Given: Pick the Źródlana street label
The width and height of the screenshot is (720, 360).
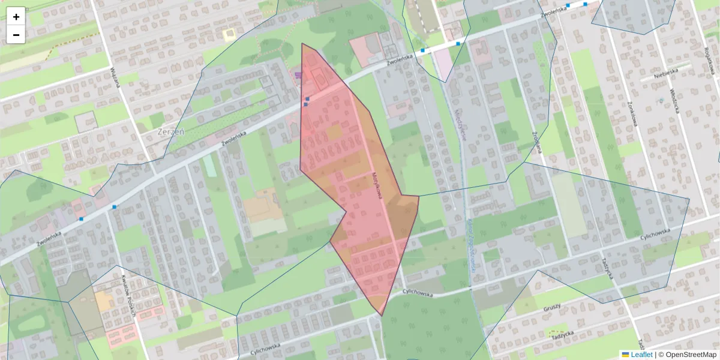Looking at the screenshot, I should click(536, 142).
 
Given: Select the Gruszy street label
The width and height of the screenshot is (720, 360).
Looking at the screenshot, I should click(551, 307).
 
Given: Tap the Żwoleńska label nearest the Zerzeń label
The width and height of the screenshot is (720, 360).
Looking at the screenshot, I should click(234, 139).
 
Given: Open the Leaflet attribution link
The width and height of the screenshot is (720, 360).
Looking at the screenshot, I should click(641, 355).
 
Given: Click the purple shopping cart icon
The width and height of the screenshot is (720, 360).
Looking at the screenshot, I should click(299, 74).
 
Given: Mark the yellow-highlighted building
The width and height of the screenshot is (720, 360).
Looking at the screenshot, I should click(229, 35).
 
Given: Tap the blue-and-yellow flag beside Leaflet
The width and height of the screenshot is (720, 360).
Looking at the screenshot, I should click(625, 355).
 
